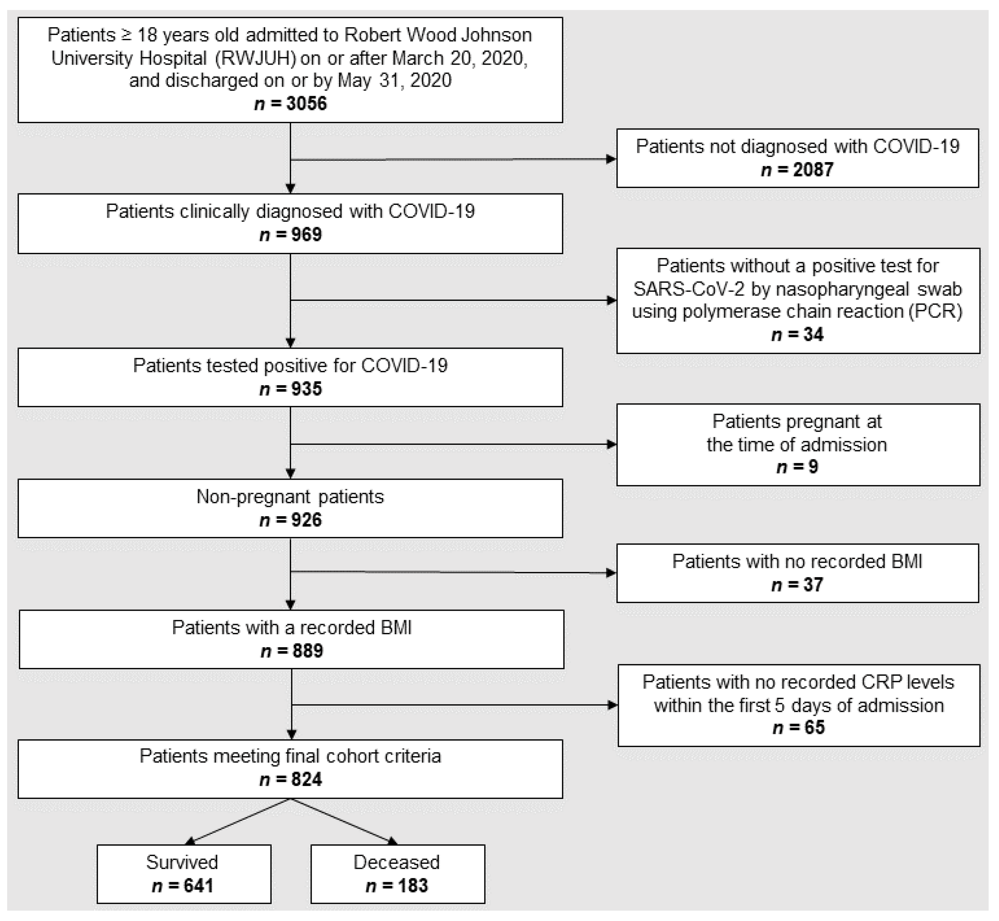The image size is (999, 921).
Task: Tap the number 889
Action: pyautogui.click(x=307, y=650)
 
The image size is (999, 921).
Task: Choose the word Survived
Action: pyautogui.click(x=182, y=862)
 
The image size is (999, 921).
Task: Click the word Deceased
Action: pyautogui.click(x=396, y=862)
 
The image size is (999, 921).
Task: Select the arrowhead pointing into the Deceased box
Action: pyautogui.click(x=393, y=841)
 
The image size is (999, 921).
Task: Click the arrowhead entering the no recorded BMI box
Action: pyautogui.click(x=611, y=573)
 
